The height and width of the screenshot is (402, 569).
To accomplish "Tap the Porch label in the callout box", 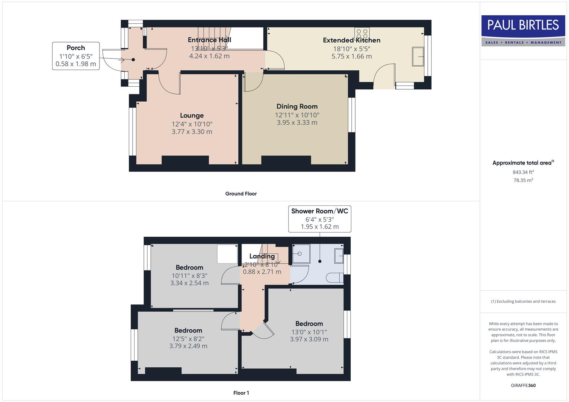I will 76,48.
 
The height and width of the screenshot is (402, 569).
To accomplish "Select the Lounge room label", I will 192,115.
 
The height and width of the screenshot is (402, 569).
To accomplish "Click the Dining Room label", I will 297,106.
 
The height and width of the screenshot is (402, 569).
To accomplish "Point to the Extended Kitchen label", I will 351,40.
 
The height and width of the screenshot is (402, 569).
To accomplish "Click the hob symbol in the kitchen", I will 361,33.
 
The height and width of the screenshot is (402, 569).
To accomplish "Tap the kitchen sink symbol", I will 418,57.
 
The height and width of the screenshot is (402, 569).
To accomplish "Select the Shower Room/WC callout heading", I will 319,211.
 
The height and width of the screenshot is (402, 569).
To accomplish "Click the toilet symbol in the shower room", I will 334,277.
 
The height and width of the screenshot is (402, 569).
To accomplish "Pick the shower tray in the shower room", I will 300,254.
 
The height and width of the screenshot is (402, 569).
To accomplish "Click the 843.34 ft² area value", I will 523,172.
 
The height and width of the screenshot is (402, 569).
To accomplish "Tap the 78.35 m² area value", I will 523,180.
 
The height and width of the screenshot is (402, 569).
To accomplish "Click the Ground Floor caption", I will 241,194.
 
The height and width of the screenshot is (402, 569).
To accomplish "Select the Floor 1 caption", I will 241,393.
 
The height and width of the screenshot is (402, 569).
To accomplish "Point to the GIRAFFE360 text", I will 523,385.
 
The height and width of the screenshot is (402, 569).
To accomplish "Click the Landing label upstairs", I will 262,256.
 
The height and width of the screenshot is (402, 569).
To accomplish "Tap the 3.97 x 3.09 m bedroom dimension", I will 309,339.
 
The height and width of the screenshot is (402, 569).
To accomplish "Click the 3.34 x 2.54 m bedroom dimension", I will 189,283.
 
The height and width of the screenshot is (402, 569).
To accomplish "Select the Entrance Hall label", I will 209,40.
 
